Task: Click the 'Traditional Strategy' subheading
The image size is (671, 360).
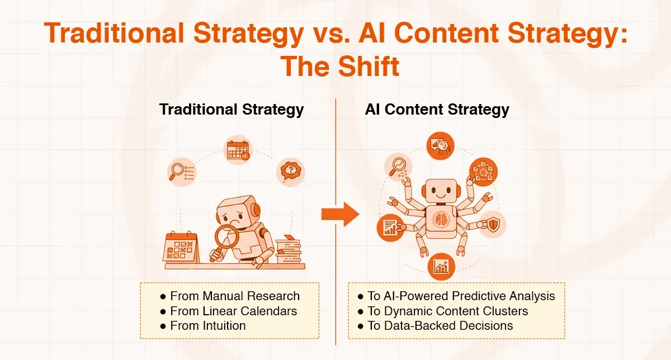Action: coord(231,109)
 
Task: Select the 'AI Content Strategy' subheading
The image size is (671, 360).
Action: coord(437,109)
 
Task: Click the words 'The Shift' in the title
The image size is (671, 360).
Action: coord(340,67)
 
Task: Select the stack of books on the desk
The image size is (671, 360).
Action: coord(289,250)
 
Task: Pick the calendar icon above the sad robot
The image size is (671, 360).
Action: coord(238,150)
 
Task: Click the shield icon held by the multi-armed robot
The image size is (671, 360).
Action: coord(492,225)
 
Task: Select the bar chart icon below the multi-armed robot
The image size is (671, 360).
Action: coord(442,266)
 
